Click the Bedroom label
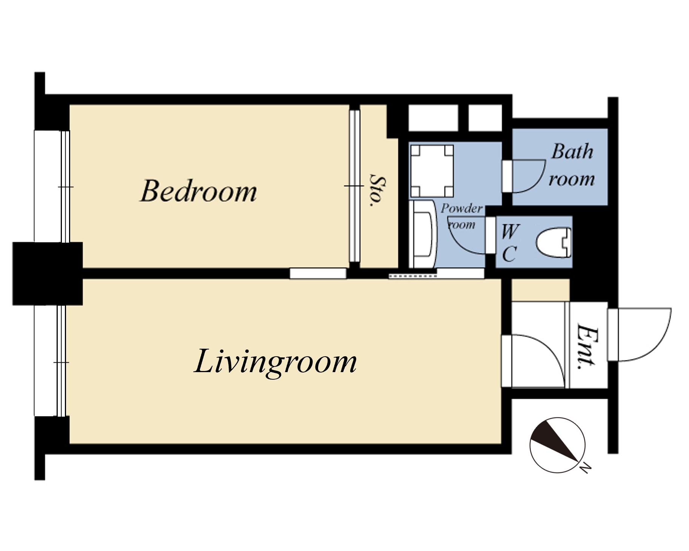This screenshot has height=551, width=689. [198, 191]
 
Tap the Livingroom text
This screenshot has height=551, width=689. [275, 363]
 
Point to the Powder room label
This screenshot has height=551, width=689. [461, 217]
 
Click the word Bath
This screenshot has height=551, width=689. [572, 152]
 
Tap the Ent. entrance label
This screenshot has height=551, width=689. [588, 346]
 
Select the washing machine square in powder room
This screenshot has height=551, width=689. [432, 171]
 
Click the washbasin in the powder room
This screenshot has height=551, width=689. [423, 234]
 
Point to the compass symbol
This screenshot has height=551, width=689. [557, 445]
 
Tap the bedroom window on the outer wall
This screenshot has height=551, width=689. [52, 186]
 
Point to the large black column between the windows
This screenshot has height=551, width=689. [48, 274]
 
